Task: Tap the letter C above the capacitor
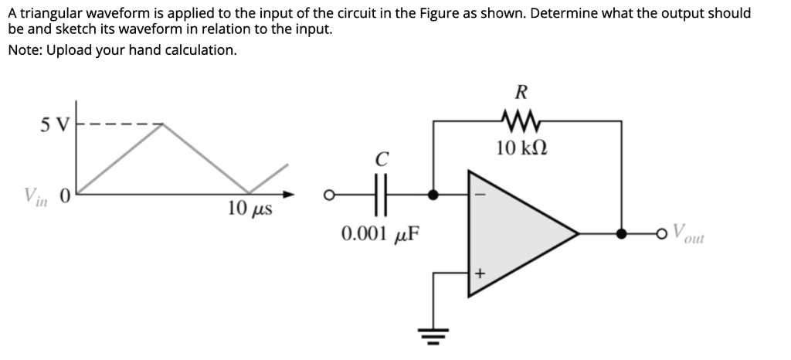coord(379,160)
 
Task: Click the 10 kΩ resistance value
coord(521,148)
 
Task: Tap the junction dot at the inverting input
coord(433,195)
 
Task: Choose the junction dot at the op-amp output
coord(621,233)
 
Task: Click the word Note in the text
coord(25,50)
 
